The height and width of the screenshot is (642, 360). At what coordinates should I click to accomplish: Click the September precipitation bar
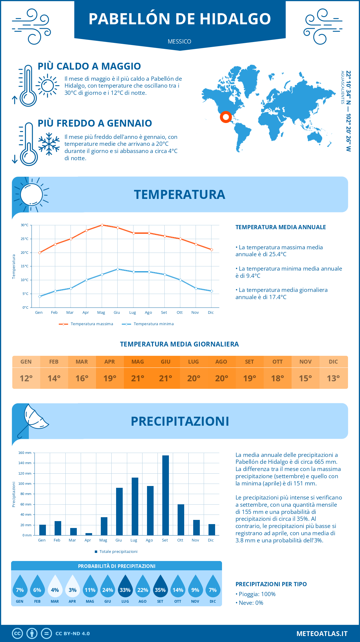(165, 495)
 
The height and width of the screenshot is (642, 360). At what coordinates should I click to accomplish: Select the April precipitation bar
(88, 534)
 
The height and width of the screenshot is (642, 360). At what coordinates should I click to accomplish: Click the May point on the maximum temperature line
(102, 225)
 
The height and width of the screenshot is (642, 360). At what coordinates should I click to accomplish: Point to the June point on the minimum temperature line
(118, 269)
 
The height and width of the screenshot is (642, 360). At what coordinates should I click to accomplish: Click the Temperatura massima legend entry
(86, 324)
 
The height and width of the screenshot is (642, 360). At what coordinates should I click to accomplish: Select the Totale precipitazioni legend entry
(116, 551)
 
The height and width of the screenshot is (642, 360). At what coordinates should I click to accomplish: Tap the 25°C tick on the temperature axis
(25, 239)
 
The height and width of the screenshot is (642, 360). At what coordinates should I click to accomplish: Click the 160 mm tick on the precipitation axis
(25, 453)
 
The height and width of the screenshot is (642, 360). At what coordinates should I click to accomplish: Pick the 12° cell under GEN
(26, 378)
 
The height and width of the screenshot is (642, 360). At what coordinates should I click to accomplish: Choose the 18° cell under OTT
(277, 378)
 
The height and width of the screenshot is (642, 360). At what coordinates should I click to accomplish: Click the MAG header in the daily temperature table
(138, 362)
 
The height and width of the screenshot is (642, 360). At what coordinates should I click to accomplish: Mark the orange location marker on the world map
(226, 117)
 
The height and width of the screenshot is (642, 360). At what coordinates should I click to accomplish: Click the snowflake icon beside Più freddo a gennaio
(49, 144)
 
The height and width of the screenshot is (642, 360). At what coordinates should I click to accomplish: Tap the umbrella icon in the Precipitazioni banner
(33, 420)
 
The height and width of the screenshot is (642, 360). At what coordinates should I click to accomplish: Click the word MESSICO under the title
(179, 41)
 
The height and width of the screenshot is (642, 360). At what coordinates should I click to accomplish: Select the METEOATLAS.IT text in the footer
(322, 634)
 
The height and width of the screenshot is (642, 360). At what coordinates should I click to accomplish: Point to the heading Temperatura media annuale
(280, 227)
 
